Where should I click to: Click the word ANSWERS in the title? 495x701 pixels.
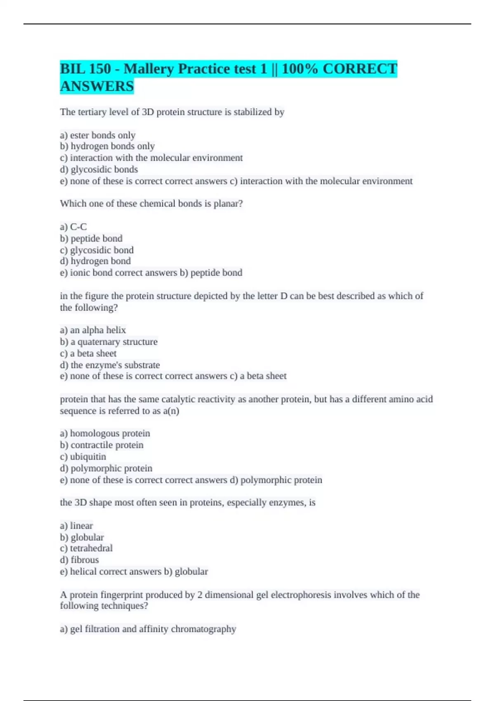coord(97,87)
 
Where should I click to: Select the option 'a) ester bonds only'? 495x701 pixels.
coord(98,135)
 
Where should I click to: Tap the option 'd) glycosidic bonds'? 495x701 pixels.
coord(99,169)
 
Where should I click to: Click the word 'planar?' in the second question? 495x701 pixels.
coord(228,204)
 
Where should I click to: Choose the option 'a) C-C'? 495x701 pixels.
coord(73,227)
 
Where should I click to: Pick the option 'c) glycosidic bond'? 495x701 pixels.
coord(97,250)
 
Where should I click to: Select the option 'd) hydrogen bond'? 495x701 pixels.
coord(95,261)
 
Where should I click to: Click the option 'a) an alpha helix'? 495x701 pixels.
coord(93,330)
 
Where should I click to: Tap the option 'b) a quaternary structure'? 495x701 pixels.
coord(109,342)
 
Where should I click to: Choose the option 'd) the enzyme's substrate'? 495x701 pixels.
coord(110,365)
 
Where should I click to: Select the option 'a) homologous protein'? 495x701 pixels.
coord(105,433)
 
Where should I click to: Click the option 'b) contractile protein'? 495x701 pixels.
coord(102,445)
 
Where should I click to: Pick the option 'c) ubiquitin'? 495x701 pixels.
coord(83,457)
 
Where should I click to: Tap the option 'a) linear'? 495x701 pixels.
coord(76,526)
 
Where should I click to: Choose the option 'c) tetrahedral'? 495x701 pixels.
coord(86,548)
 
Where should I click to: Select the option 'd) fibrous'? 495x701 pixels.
coord(80,560)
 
